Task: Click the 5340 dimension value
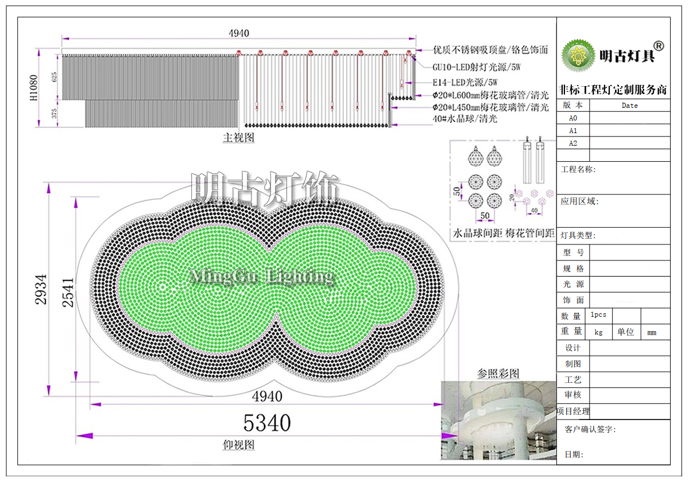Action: pos(267,423)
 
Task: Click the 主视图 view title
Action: pos(238,138)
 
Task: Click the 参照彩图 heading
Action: pos(498,374)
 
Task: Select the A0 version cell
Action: pos(573,118)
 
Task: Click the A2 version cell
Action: pos(573,143)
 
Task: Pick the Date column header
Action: pos(630,106)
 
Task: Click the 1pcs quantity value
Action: pos(598,315)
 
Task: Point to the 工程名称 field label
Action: pos(579,170)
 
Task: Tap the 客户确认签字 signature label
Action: pos(590,429)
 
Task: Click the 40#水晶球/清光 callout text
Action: pos(465,119)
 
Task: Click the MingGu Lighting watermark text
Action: pos(262,277)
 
